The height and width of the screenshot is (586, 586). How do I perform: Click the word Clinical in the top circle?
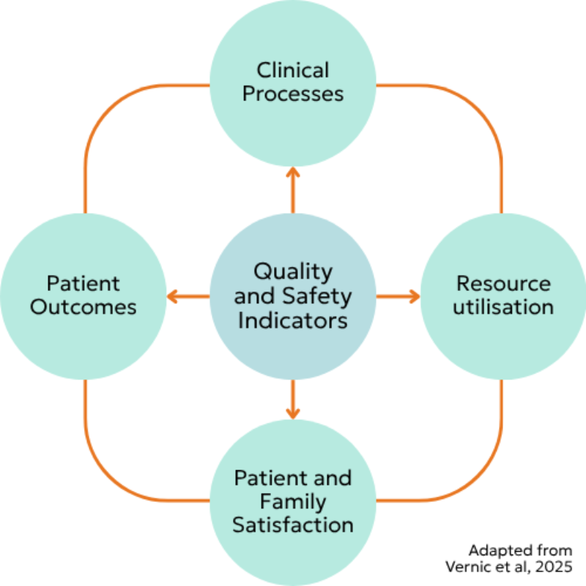[x=292, y=70]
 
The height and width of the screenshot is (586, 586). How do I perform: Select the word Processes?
[x=293, y=94]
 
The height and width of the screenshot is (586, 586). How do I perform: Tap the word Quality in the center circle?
[x=293, y=272]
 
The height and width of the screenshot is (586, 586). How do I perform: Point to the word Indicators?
[x=293, y=321]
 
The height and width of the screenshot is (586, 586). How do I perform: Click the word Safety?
[x=317, y=297]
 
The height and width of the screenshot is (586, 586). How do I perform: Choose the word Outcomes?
[x=84, y=307]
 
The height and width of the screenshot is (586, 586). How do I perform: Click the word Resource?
[x=503, y=283]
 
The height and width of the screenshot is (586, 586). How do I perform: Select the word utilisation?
[x=503, y=307]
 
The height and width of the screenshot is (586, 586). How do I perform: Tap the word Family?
[x=293, y=502]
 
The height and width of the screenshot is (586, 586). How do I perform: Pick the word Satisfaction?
[x=293, y=524]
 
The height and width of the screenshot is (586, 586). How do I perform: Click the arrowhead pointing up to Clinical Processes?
[x=293, y=172]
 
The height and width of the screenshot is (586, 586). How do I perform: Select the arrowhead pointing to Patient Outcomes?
[x=172, y=297]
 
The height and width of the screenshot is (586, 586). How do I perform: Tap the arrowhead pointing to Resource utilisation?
[x=415, y=297]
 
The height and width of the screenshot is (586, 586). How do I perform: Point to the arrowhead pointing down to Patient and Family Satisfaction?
[x=293, y=414]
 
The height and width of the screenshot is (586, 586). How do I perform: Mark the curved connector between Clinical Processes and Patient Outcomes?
[x=107, y=108]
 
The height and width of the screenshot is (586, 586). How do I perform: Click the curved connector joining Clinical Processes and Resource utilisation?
[x=479, y=108]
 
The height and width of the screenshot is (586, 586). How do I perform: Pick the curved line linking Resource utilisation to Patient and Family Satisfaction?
[x=479, y=478]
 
